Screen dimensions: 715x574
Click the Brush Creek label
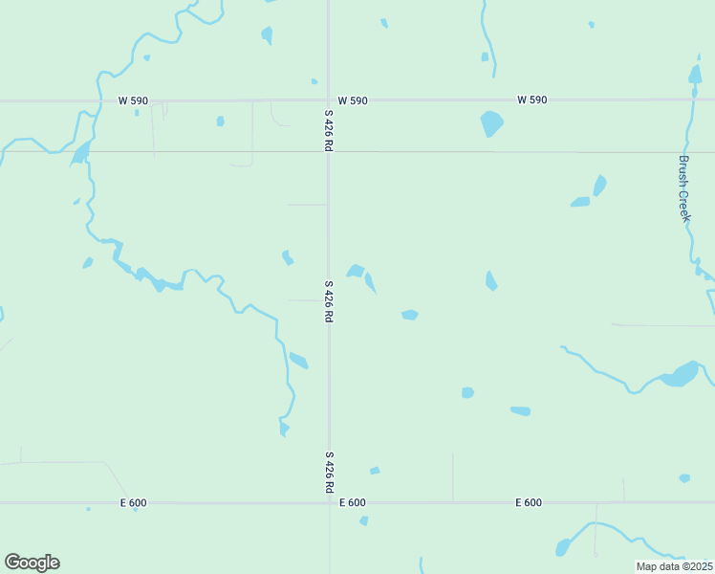[x=684, y=188]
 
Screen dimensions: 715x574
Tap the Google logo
[x=32, y=563]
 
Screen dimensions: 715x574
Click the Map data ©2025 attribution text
[x=674, y=566]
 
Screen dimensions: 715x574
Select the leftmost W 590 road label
[x=133, y=100]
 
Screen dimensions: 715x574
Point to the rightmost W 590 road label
[x=531, y=100]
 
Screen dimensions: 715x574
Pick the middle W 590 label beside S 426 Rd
[x=352, y=100]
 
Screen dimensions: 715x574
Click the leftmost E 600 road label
[x=133, y=503]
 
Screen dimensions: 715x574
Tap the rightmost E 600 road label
[x=529, y=503]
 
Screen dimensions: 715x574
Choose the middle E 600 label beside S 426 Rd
[x=352, y=503]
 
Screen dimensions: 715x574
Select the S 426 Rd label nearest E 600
[x=329, y=473]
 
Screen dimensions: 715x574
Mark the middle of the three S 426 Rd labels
[x=328, y=300]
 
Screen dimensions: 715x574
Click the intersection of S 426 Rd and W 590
[x=328, y=99]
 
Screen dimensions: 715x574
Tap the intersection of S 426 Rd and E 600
[x=329, y=502]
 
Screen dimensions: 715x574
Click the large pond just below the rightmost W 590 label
[x=491, y=122]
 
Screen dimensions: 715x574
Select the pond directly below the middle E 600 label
[x=364, y=520]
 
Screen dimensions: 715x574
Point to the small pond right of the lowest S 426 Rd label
[x=375, y=471]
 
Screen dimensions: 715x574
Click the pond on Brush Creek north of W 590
[x=695, y=75]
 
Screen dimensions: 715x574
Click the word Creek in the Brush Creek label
[x=684, y=205]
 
